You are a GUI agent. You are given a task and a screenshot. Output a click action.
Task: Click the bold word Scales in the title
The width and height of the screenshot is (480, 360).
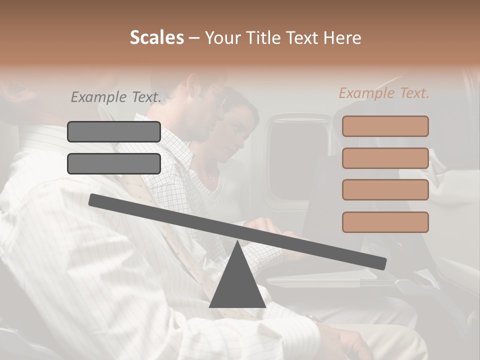click(x=156, y=38)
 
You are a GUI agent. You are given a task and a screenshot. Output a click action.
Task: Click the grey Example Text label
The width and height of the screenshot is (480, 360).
click(x=116, y=97)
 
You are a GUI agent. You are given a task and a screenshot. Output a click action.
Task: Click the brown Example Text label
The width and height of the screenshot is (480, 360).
click(x=384, y=93)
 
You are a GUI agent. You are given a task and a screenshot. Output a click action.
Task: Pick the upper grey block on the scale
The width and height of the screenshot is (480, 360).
click(x=114, y=131)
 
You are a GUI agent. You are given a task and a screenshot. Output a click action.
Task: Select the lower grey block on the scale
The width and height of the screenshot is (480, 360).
click(x=114, y=163)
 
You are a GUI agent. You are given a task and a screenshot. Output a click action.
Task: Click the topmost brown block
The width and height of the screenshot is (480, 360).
click(x=385, y=126)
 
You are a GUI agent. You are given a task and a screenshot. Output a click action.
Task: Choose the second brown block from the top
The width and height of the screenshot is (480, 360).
click(x=385, y=158)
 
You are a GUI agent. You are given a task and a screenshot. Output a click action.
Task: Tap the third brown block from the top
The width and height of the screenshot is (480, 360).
click(x=385, y=190)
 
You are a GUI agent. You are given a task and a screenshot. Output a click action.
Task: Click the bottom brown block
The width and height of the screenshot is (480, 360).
click(x=385, y=222)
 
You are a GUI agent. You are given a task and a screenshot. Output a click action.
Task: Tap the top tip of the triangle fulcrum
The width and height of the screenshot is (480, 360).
click(x=237, y=243)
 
